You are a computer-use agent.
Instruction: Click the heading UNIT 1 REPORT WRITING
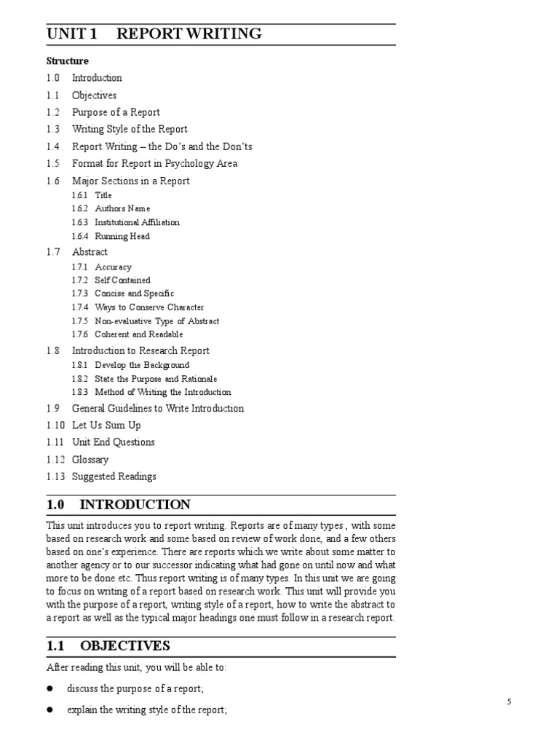(x=154, y=34)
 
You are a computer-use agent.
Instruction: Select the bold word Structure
(x=67, y=61)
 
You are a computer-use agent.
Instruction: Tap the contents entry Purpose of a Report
(x=116, y=112)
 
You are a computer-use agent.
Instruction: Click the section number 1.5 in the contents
(x=53, y=164)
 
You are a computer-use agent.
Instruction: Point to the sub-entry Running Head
(x=122, y=236)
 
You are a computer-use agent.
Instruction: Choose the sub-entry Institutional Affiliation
(x=137, y=222)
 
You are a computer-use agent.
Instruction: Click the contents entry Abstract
(x=90, y=252)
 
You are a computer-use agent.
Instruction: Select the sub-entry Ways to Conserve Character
(x=149, y=307)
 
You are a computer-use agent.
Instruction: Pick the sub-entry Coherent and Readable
(x=139, y=334)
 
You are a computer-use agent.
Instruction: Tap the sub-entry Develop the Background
(x=142, y=365)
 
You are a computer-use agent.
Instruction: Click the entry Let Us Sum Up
(x=106, y=425)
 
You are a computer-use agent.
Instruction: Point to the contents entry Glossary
(x=90, y=460)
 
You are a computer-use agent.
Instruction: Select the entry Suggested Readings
(x=114, y=477)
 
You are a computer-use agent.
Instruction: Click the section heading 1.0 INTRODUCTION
(x=119, y=505)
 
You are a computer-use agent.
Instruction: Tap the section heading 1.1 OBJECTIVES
(x=108, y=645)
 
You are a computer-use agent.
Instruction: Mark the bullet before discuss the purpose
(x=51, y=688)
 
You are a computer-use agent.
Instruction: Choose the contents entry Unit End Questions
(x=114, y=442)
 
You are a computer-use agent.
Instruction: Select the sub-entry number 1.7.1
(x=79, y=267)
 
